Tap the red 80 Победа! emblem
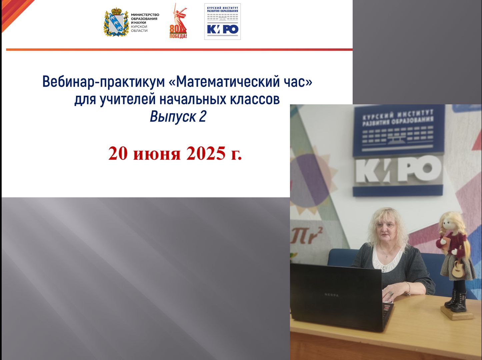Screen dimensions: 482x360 click(178, 21)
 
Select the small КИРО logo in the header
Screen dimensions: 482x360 click(222, 22)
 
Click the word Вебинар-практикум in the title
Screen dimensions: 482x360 click(103, 82)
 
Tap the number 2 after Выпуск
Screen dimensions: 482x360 click(203, 116)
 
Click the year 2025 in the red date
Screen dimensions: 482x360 click(206, 153)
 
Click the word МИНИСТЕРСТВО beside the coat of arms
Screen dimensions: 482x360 click(145, 15)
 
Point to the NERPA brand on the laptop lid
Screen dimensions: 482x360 click(332, 295)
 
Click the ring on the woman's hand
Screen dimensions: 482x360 click(391, 293)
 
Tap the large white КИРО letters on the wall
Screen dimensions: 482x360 click(398, 169)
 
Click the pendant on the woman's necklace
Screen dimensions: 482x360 click(387, 256)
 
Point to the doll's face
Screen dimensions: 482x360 click(449, 224)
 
